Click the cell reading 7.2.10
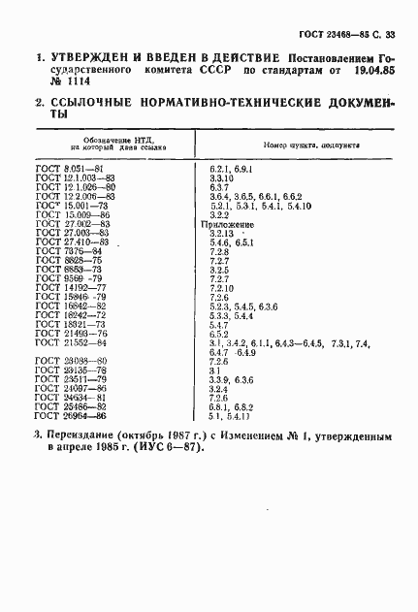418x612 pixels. [x=222, y=288]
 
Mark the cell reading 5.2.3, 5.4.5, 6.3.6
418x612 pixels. [x=243, y=306]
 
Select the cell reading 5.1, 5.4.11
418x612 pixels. [x=229, y=416]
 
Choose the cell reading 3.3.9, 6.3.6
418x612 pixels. [x=231, y=379]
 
